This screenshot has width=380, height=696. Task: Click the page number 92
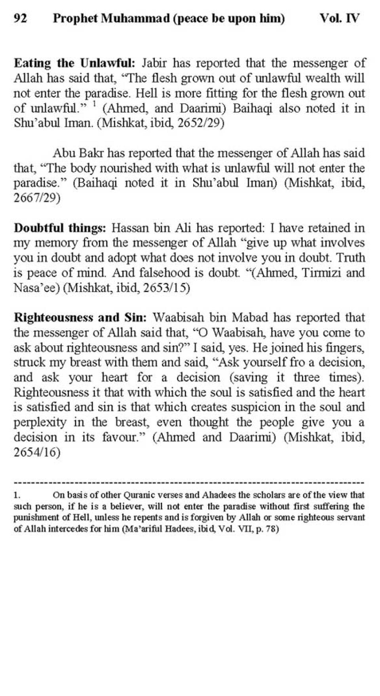click(x=20, y=18)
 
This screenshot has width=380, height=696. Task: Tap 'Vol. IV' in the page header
click(x=339, y=18)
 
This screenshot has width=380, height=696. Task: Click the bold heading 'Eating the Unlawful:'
click(x=75, y=63)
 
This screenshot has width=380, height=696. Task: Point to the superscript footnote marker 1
click(x=95, y=105)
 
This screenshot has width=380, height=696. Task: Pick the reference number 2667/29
click(x=37, y=198)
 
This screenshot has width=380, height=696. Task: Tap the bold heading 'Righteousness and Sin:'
click(x=80, y=317)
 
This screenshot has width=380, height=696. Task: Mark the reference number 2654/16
click(x=37, y=452)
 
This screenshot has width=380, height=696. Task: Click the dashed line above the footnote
click(x=189, y=483)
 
